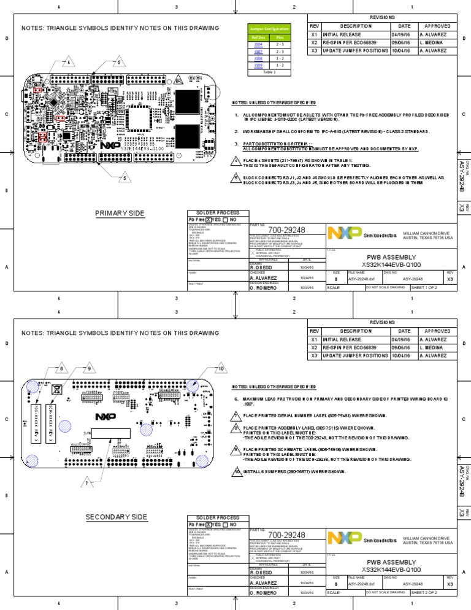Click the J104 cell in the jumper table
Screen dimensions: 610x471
click(x=258, y=45)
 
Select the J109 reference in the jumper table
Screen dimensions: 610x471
click(x=258, y=64)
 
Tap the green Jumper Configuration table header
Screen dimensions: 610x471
click(x=268, y=29)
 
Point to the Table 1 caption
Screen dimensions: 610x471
click(x=268, y=72)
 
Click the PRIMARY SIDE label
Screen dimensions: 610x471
click(x=120, y=214)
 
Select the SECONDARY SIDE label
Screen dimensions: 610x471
click(x=117, y=517)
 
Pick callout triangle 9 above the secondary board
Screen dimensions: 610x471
click(x=89, y=368)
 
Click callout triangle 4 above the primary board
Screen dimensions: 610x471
click(x=68, y=63)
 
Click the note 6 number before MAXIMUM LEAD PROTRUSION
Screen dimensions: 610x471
click(x=236, y=398)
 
